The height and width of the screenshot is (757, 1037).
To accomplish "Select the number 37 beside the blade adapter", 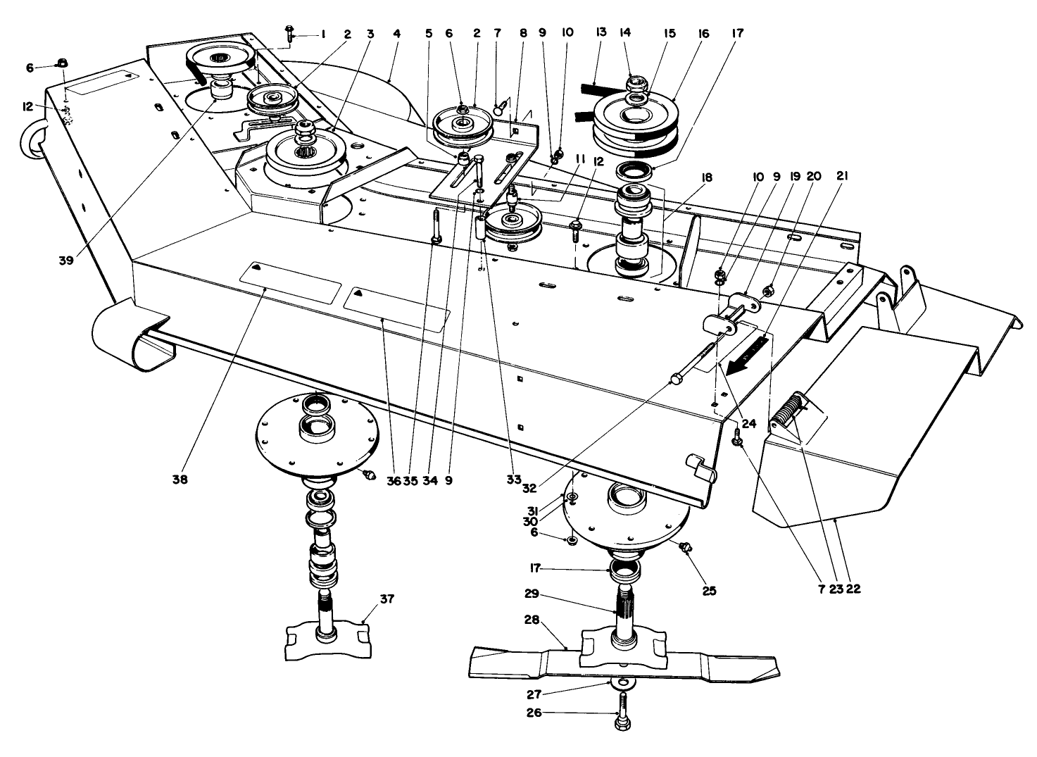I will [386, 599].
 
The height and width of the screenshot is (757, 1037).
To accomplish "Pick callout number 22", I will [853, 589].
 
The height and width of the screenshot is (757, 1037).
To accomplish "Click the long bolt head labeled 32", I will [677, 379].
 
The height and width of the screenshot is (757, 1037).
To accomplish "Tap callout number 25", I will [709, 591].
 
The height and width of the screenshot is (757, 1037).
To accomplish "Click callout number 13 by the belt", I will [601, 33].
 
